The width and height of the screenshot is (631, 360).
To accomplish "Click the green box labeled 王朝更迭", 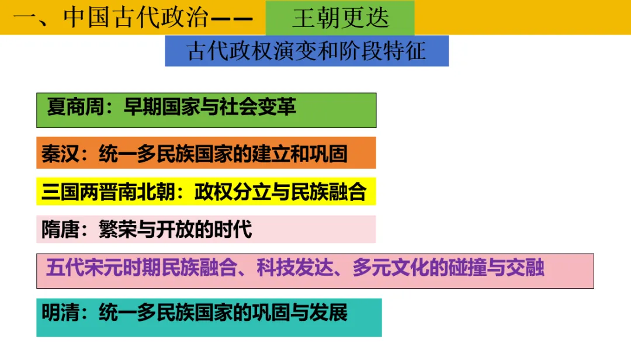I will [x=340, y=18].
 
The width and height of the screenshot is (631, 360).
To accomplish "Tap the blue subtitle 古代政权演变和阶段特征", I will [x=307, y=51].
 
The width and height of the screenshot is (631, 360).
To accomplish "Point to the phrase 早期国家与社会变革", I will [x=210, y=106].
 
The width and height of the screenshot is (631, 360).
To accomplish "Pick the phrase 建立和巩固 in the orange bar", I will [x=300, y=154].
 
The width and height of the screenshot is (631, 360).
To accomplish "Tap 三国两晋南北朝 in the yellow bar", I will [x=109, y=192].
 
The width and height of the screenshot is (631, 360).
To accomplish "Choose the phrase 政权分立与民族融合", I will [x=280, y=192].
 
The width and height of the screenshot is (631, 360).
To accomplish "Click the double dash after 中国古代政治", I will [x=231, y=19].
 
